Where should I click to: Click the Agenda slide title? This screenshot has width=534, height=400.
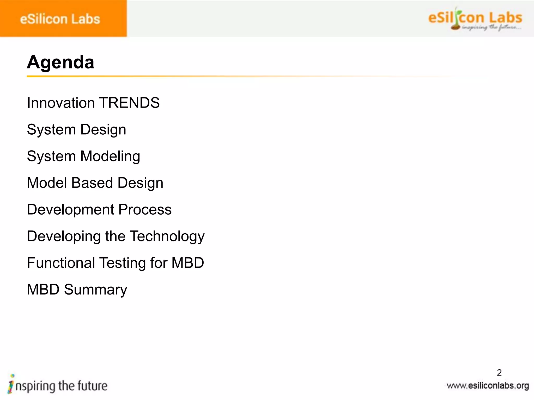[60, 63]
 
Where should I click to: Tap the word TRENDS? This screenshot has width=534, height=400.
[129, 103]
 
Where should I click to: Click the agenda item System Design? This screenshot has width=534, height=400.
[76, 130]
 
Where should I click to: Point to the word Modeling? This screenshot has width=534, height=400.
[110, 157]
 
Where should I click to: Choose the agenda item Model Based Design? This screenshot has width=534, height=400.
[95, 183]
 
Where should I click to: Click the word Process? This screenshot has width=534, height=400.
[145, 210]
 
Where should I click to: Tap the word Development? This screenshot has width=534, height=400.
[71, 210]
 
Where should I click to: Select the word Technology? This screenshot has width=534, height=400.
[167, 237]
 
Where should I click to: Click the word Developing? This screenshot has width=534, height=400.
[64, 237]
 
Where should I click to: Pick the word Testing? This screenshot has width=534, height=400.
[122, 263]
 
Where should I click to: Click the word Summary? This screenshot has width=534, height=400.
[95, 290]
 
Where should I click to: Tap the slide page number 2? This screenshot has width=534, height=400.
[499, 373]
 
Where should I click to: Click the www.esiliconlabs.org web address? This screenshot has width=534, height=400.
[488, 386]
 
